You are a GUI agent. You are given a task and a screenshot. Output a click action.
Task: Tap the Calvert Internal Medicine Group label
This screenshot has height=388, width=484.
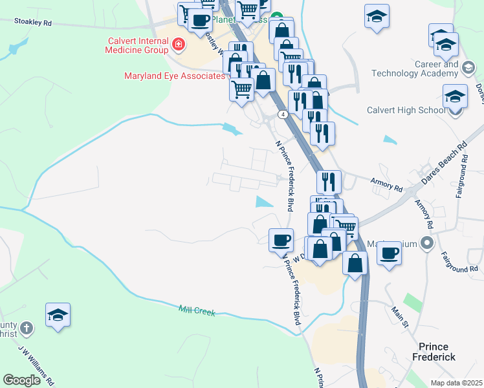138,46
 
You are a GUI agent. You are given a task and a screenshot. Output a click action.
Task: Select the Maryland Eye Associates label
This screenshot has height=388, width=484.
174,76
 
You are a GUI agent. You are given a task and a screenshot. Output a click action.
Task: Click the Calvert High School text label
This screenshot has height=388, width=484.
405,110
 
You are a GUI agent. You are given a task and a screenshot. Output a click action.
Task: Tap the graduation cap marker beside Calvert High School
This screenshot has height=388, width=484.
456,97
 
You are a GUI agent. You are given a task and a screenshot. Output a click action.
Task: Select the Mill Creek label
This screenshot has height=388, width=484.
197,311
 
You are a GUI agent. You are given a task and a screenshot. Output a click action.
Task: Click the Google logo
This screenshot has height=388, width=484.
21,380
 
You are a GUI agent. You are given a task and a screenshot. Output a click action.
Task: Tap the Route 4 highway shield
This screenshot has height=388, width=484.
283,114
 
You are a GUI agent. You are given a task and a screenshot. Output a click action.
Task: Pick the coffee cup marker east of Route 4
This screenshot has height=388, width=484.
390,253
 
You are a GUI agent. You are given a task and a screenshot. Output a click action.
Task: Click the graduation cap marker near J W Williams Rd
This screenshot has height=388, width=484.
58,316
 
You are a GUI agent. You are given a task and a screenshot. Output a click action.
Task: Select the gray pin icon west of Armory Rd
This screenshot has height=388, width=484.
426,244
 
